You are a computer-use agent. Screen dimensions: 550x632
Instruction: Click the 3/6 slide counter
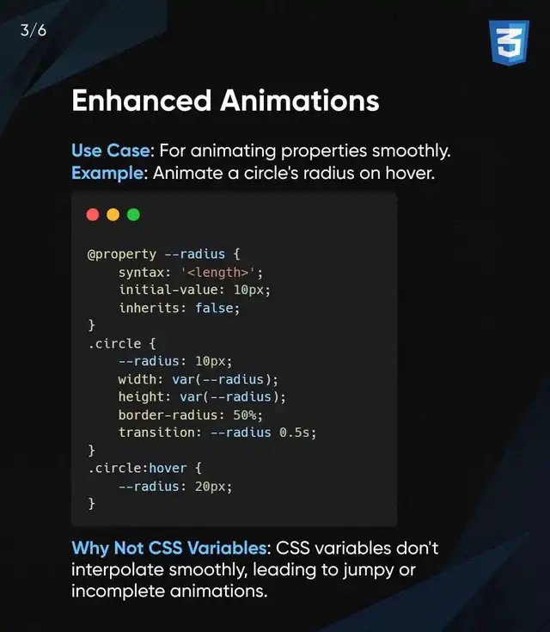point(33,31)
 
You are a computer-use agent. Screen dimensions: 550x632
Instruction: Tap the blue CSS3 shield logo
point(509,42)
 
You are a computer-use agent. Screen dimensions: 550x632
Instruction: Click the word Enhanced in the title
point(142,101)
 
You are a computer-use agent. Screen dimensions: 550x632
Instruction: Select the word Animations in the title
point(300,101)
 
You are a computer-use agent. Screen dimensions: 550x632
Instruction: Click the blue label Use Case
point(110,150)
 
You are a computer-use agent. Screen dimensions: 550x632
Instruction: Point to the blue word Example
point(107,174)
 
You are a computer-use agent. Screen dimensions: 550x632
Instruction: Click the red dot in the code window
point(93,214)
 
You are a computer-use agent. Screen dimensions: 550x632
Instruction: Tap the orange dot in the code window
point(113,214)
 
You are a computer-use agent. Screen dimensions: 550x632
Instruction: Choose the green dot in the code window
point(133,214)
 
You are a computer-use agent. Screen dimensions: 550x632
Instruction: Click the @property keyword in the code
point(122,255)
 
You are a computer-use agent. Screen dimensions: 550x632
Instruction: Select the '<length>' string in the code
point(218,273)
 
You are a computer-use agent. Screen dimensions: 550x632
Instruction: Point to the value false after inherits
point(214,308)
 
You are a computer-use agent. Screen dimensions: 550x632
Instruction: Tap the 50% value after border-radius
point(246,414)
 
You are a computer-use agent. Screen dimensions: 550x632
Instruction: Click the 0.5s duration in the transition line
point(295,433)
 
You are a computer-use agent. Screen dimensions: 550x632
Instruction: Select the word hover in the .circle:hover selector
point(168,468)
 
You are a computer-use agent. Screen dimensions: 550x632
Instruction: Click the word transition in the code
point(156,433)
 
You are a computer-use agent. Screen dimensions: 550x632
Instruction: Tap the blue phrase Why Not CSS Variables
point(168,549)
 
